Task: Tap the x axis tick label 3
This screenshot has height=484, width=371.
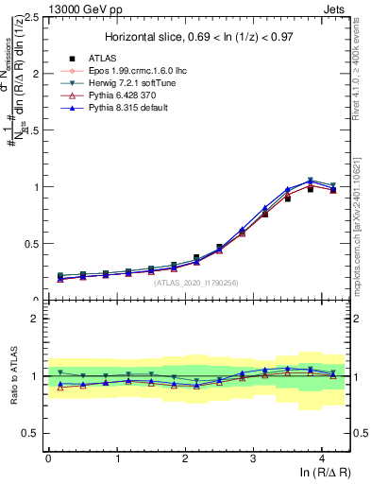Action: click(x=253, y=458)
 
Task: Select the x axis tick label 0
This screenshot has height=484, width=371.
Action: click(x=48, y=458)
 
